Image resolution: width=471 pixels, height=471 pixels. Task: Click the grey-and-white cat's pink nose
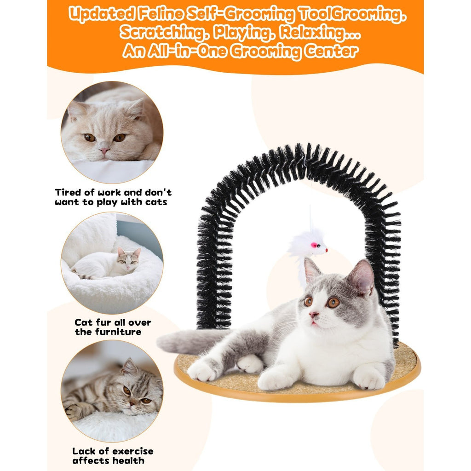pos(314,315)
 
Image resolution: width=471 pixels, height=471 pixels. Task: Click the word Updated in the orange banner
pos(101,14)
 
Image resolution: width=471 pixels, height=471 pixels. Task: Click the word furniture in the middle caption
pos(118,332)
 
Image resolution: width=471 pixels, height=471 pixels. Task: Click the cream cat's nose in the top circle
pos(104,150)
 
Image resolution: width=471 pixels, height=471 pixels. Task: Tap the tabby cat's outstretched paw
pos(73,412)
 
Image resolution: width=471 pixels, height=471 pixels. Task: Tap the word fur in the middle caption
pos(103,322)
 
